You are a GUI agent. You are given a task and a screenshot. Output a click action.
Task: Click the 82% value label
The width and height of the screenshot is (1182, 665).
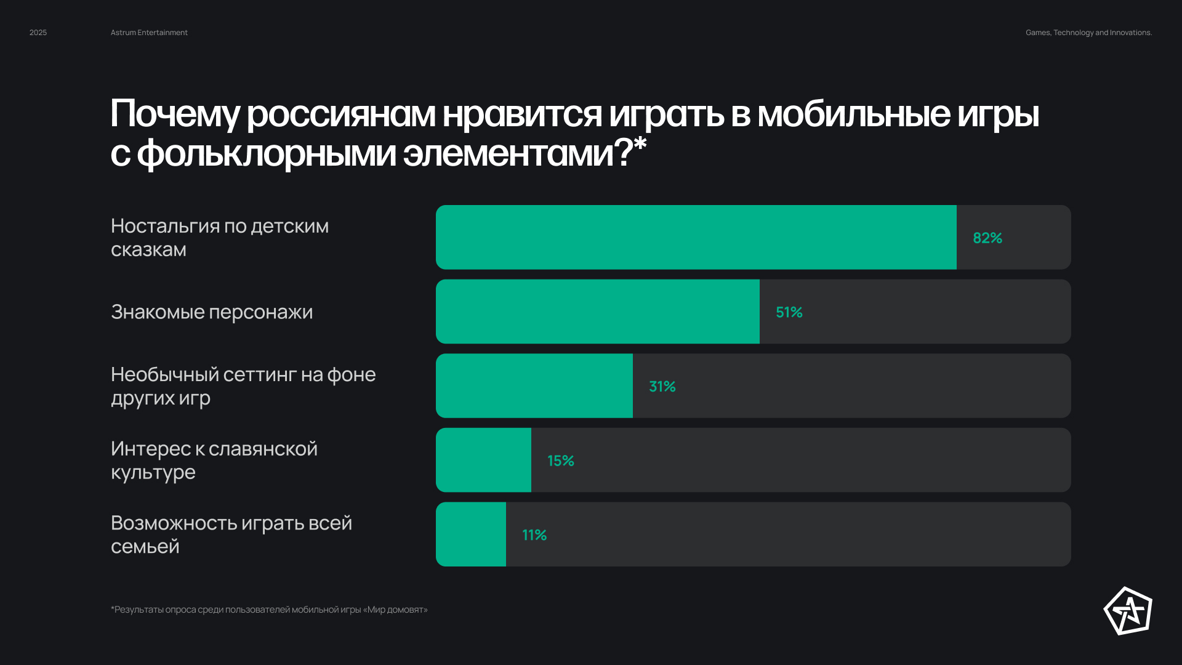click(x=987, y=238)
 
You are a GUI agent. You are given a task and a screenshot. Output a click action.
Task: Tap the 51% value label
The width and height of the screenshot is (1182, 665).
click(x=789, y=312)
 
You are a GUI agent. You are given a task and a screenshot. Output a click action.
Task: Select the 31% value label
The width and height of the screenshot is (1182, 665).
click(x=662, y=387)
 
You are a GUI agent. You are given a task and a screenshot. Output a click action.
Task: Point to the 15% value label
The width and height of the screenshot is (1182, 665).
click(x=560, y=461)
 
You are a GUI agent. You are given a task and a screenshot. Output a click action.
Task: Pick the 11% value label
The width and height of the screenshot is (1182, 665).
click(x=534, y=535)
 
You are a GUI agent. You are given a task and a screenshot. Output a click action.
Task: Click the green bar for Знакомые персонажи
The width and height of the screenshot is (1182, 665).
click(x=597, y=312)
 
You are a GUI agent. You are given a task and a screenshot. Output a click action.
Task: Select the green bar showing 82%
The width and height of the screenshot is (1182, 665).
click(x=696, y=237)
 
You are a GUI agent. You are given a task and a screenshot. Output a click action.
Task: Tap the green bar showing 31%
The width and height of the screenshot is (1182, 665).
click(x=534, y=386)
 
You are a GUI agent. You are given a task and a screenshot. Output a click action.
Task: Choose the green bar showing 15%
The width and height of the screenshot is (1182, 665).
click(x=483, y=460)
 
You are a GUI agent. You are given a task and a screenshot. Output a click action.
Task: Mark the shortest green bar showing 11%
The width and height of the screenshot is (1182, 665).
click(x=471, y=534)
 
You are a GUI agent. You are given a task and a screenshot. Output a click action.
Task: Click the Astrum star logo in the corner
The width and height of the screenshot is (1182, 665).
click(x=1128, y=611)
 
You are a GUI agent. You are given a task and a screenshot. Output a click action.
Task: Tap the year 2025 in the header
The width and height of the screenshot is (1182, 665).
click(x=38, y=33)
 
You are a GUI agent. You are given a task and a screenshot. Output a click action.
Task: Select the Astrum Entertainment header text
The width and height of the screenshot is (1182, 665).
click(x=149, y=33)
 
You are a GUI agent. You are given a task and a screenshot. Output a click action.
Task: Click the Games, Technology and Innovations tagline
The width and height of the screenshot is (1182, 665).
click(x=1088, y=33)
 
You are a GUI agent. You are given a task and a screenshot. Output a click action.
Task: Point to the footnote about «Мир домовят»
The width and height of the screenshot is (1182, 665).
click(x=269, y=610)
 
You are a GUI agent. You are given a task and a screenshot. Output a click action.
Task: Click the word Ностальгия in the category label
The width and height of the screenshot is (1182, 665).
click(x=164, y=227)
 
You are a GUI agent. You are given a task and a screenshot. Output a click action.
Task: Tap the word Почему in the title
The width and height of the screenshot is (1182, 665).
click(x=175, y=115)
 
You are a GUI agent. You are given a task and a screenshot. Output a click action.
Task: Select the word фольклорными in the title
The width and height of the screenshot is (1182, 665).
click(x=266, y=153)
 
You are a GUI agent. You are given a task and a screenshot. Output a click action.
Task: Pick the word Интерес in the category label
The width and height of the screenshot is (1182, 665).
click(x=151, y=449)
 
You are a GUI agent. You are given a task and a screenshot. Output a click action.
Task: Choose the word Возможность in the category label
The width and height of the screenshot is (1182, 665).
click(x=174, y=523)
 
